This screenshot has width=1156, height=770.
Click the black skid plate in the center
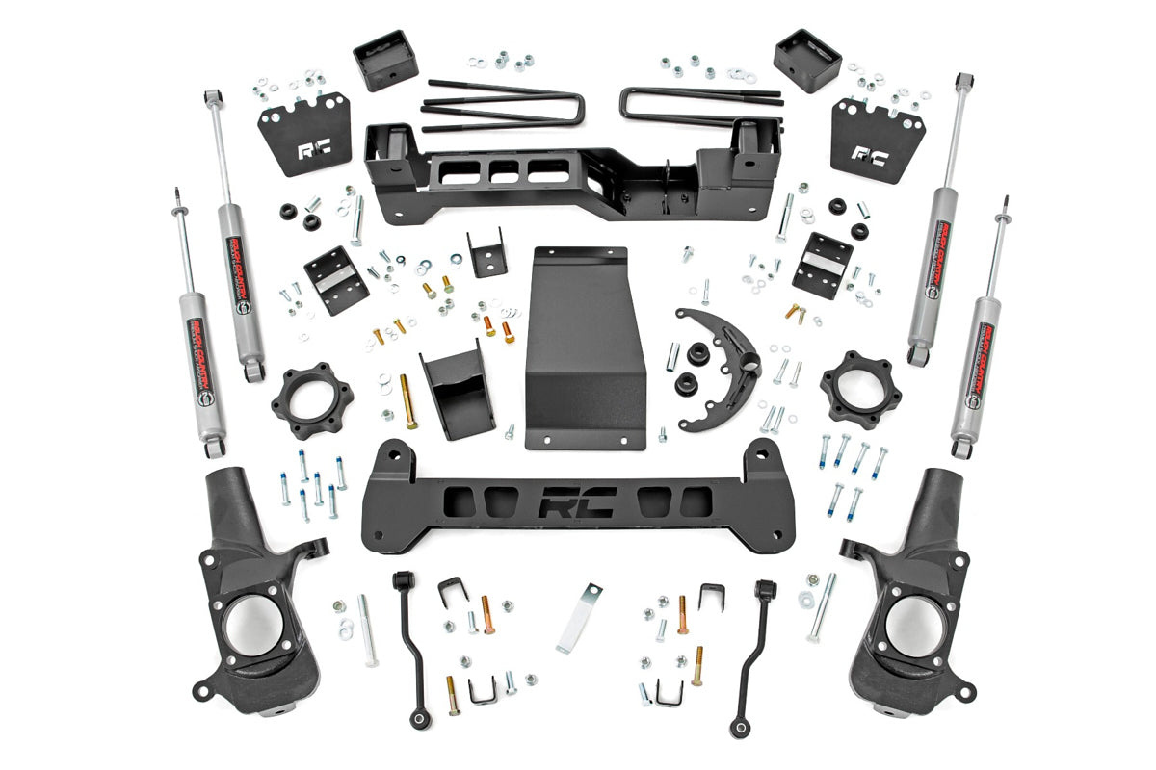pos(581,346)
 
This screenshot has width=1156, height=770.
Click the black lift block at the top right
pos(807,60)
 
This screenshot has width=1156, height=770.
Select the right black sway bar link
pos(752,654)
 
